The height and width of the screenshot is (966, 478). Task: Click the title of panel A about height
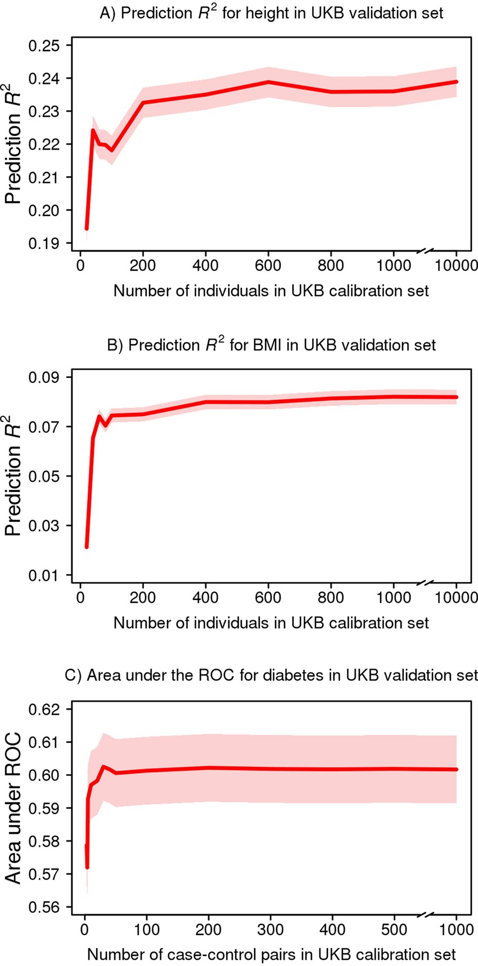[x=271, y=13]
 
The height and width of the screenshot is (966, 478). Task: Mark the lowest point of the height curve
[x=87, y=228]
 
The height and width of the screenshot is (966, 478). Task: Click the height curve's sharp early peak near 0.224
[x=93, y=130]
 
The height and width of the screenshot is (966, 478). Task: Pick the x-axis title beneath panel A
[x=271, y=291]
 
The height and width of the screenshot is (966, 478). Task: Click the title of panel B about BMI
[x=271, y=345]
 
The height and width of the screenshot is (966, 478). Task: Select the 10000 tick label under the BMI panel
[x=456, y=597]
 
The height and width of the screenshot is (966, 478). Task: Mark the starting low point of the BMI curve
[x=87, y=547]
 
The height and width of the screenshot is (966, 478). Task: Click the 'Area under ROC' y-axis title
[x=13, y=807]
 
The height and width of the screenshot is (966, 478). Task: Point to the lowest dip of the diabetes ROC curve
[x=87, y=868]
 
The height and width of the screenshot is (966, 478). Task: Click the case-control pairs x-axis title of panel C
[x=271, y=954]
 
